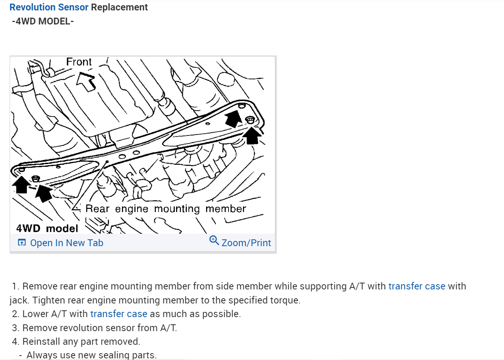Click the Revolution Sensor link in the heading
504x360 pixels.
coord(49,7)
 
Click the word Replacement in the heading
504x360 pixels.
coord(119,7)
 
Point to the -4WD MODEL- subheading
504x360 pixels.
coord(43,21)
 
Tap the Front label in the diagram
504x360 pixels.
coord(79,62)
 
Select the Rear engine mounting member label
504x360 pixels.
coord(166,208)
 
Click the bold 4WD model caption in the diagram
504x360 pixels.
coord(47,228)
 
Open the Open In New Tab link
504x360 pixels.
coord(66,243)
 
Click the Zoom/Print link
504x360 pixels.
coord(246,243)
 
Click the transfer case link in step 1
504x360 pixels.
coord(417,286)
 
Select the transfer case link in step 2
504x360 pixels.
coord(119,314)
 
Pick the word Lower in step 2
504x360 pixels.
coord(34,314)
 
